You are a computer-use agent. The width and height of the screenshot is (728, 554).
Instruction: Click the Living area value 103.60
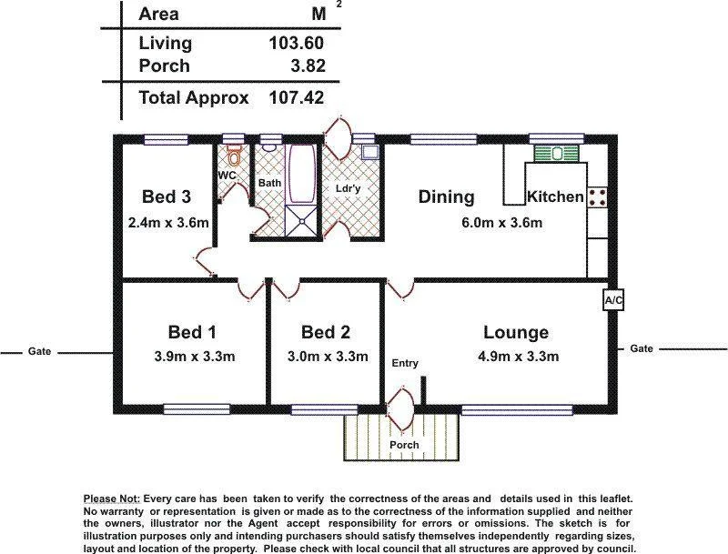(297, 43)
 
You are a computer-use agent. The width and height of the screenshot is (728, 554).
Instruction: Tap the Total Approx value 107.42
(297, 98)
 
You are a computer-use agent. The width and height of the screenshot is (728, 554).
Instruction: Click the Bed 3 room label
(167, 197)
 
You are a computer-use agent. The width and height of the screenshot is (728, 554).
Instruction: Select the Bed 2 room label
(326, 332)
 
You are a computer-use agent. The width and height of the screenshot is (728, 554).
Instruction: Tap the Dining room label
(446, 197)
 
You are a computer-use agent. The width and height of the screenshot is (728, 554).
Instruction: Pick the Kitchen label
(555, 197)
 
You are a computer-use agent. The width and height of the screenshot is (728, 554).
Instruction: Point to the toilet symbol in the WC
(234, 154)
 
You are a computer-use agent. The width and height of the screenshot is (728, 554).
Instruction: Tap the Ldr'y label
(349, 188)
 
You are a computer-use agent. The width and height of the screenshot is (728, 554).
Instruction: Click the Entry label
(405, 364)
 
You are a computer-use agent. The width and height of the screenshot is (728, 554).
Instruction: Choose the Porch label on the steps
(404, 445)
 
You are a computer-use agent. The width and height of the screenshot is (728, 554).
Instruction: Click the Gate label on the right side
(642, 348)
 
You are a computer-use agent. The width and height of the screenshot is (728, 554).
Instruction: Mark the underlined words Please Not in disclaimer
(111, 499)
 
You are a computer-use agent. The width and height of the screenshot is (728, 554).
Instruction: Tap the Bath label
(269, 183)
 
